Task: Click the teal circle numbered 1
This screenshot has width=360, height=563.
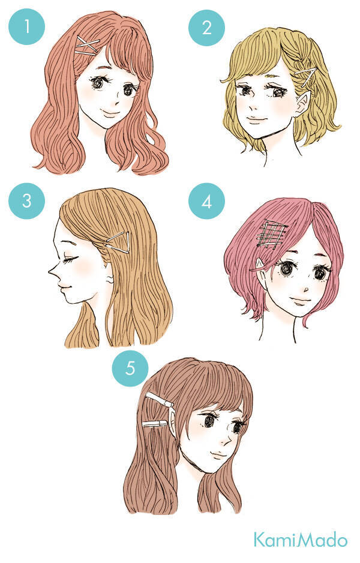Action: pyautogui.click(x=26, y=26)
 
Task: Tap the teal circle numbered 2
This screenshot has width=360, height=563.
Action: pyautogui.click(x=207, y=28)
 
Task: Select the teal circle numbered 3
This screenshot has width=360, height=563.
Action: pyautogui.click(x=26, y=200)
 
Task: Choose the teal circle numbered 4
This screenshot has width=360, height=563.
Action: pyautogui.click(x=207, y=201)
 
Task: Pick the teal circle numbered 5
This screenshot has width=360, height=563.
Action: pyautogui.click(x=130, y=368)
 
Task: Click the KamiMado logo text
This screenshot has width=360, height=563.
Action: pyautogui.click(x=301, y=540)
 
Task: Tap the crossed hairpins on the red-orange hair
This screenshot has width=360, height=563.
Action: pyautogui.click(x=87, y=47)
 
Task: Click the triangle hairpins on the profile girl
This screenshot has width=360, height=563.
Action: pyautogui.click(x=118, y=242)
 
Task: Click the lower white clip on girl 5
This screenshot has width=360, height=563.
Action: pyautogui.click(x=155, y=424)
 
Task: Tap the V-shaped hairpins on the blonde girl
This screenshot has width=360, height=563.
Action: pyautogui.click(x=306, y=76)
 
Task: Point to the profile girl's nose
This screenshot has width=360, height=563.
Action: pyautogui.click(x=53, y=272)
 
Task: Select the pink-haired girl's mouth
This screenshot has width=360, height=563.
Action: pyautogui.click(x=300, y=300)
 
